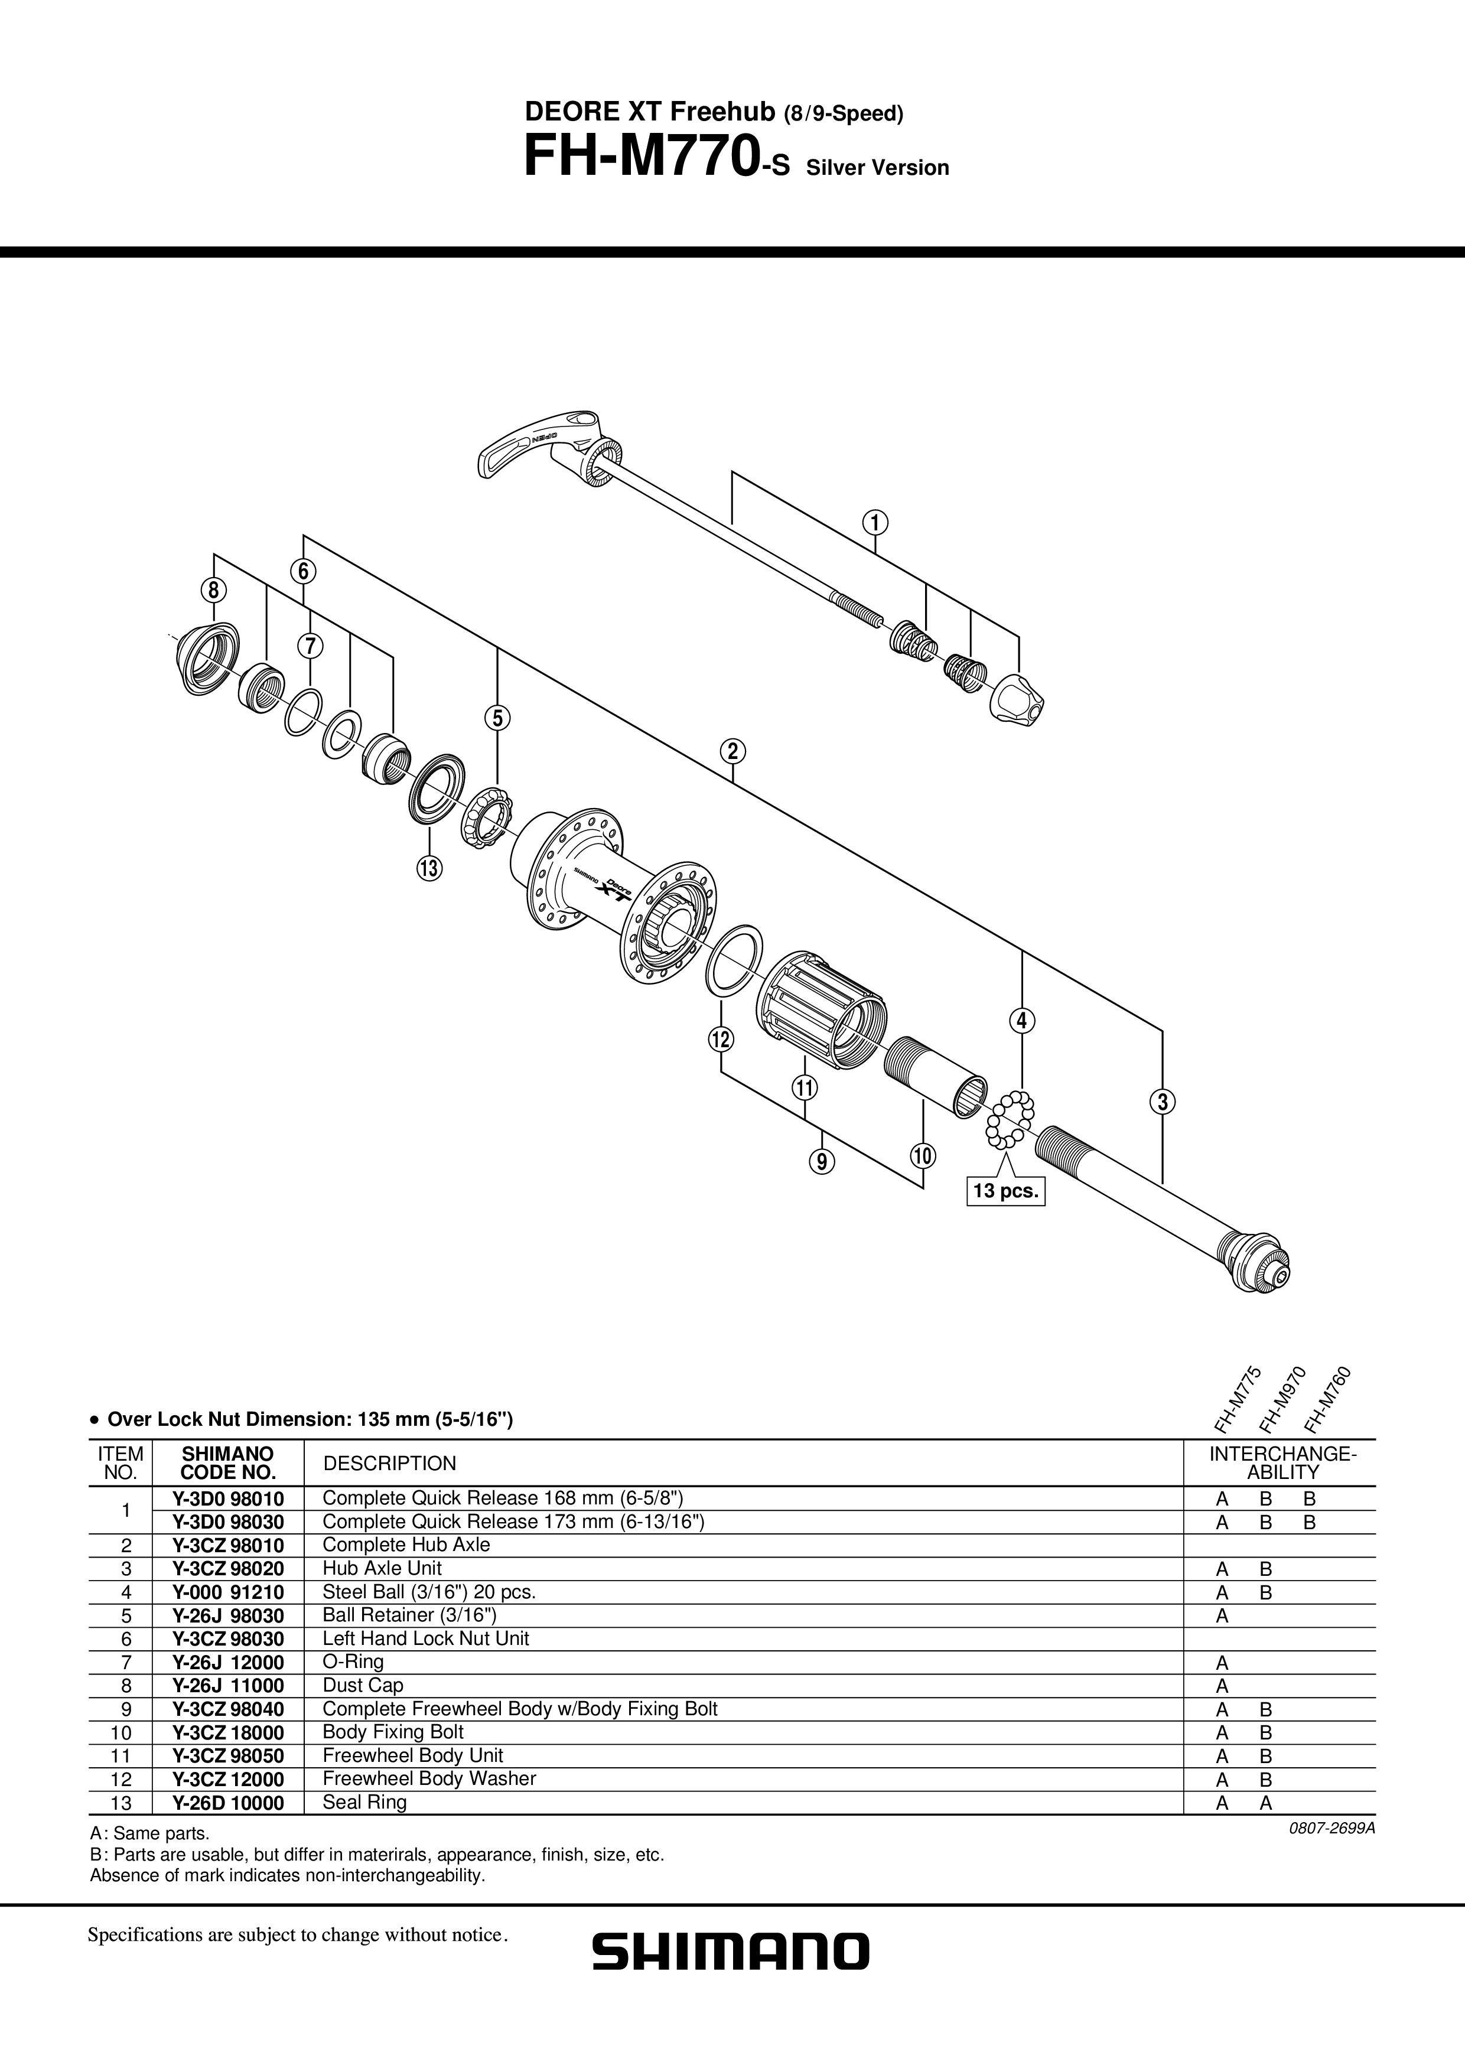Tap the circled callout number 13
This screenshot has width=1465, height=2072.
click(429, 868)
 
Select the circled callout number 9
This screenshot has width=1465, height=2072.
click(822, 1161)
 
